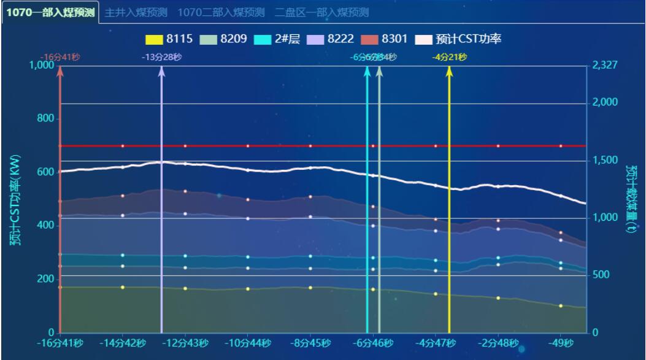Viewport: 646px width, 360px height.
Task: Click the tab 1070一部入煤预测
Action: coord(50,12)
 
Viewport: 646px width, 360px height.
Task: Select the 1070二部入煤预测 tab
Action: coord(221,12)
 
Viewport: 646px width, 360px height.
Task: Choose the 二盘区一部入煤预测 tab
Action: coord(321,12)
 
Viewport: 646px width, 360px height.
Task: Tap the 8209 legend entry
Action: coord(223,39)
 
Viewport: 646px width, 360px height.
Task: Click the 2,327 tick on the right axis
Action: coord(605,65)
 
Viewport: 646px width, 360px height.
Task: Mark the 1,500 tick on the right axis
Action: coord(605,160)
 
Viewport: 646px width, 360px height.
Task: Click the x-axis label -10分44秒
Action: coord(247,343)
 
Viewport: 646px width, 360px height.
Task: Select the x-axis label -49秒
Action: coord(561,343)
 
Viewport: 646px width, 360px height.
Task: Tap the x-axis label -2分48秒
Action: coord(498,343)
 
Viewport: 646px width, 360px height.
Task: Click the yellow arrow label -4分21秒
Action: coord(450,57)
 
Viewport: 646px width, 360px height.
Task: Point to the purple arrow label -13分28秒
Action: coord(161,57)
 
